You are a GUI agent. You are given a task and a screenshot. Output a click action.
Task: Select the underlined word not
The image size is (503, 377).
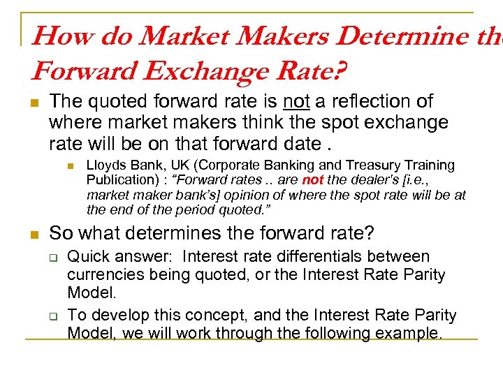pos(296,102)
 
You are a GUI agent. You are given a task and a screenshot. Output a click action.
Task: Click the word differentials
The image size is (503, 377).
pos(316,256)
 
